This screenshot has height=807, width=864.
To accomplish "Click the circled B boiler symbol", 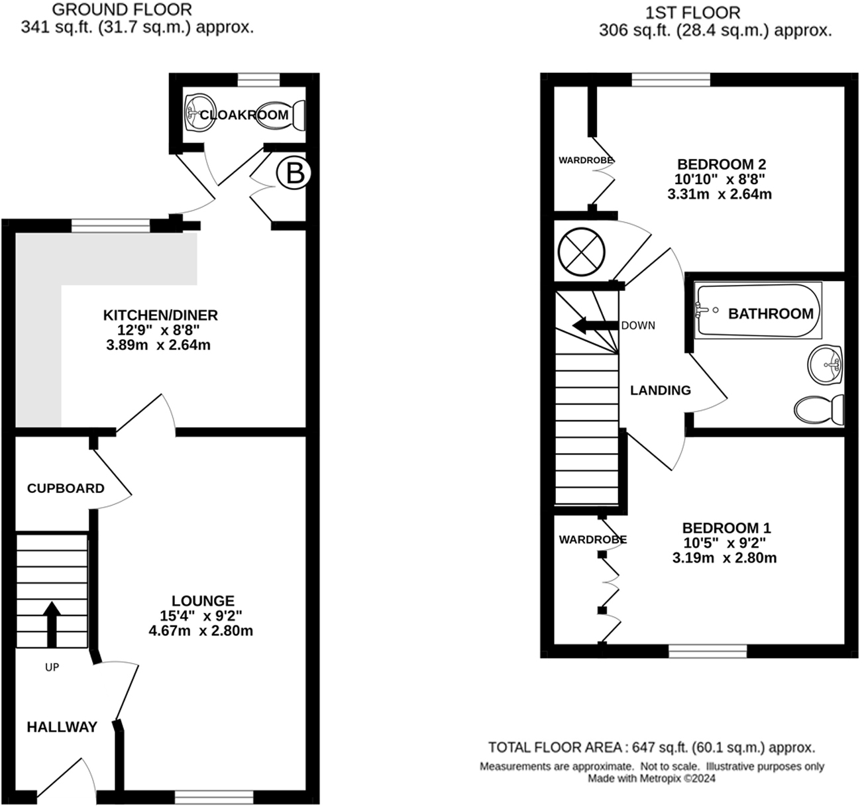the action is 294,174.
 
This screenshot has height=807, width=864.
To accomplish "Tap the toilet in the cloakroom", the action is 281,115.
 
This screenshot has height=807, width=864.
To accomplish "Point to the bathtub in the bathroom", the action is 758,310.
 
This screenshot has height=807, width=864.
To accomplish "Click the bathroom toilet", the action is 819,410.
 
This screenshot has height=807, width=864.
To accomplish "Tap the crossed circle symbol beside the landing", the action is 581,252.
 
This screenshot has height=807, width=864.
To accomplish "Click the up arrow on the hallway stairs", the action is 52,624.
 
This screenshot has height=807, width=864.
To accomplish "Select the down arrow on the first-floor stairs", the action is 595,325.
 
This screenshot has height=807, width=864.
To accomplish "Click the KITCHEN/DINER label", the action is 160,315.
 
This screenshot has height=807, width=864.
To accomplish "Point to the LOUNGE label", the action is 203,601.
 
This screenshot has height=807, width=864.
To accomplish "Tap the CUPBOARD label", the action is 66,488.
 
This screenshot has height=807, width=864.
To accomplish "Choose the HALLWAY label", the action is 62,727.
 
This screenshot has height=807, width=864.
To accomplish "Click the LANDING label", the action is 661,390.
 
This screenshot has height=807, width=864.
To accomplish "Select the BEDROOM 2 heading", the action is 722,164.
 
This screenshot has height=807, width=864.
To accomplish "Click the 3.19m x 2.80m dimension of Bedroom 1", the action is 724,557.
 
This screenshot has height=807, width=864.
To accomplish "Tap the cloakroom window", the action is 258,80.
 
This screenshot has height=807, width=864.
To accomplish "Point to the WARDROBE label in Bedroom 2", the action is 586,160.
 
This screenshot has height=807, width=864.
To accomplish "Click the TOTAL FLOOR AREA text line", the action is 651,747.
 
